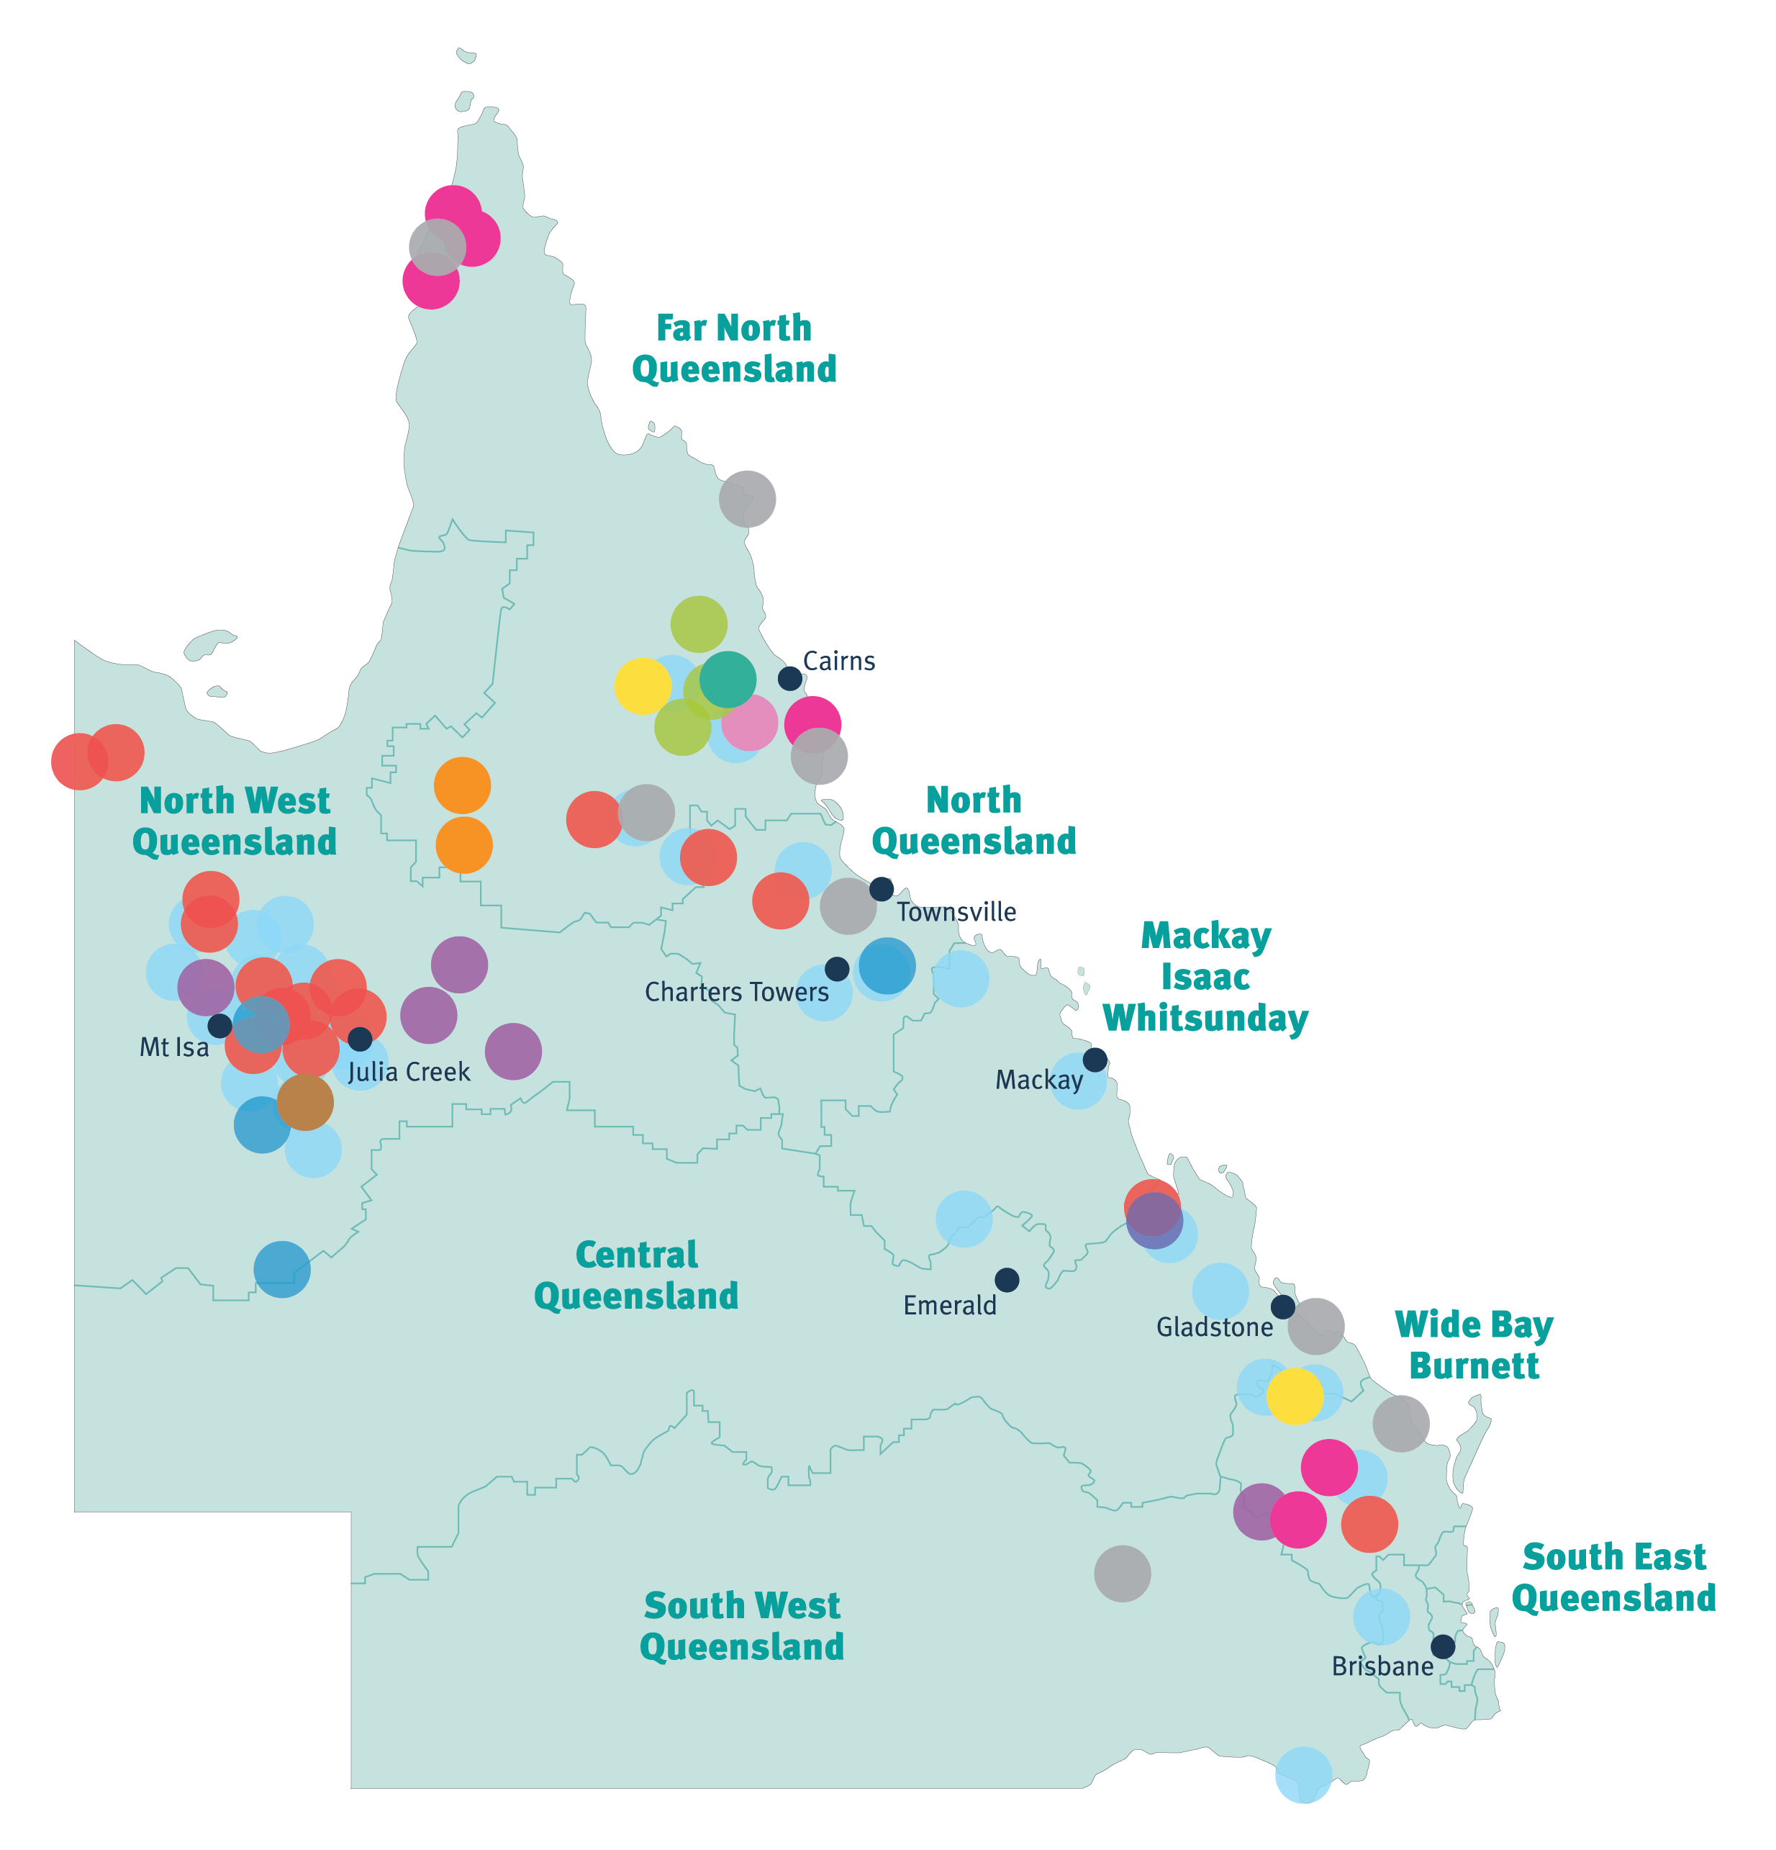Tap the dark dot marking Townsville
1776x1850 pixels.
(x=882, y=888)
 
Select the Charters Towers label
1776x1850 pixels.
(x=736, y=992)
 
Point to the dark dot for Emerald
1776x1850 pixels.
(x=1007, y=1280)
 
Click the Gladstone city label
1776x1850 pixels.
(x=1215, y=1327)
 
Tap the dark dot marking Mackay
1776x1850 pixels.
(x=1095, y=1059)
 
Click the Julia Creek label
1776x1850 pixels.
(x=409, y=1073)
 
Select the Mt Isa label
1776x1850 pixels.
(x=173, y=1047)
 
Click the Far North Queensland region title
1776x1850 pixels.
(x=734, y=348)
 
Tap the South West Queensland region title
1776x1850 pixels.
(x=742, y=1625)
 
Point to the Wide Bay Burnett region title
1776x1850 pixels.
(x=1474, y=1345)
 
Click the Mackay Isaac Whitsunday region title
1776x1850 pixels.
(x=1205, y=977)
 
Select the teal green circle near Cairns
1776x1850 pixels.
(x=728, y=680)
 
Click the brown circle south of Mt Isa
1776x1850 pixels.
(x=305, y=1101)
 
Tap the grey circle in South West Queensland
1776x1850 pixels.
(x=1122, y=1574)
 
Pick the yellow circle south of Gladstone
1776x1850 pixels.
(x=1295, y=1396)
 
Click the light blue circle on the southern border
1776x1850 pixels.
(x=1303, y=1774)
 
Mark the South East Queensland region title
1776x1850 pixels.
(x=1613, y=1577)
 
